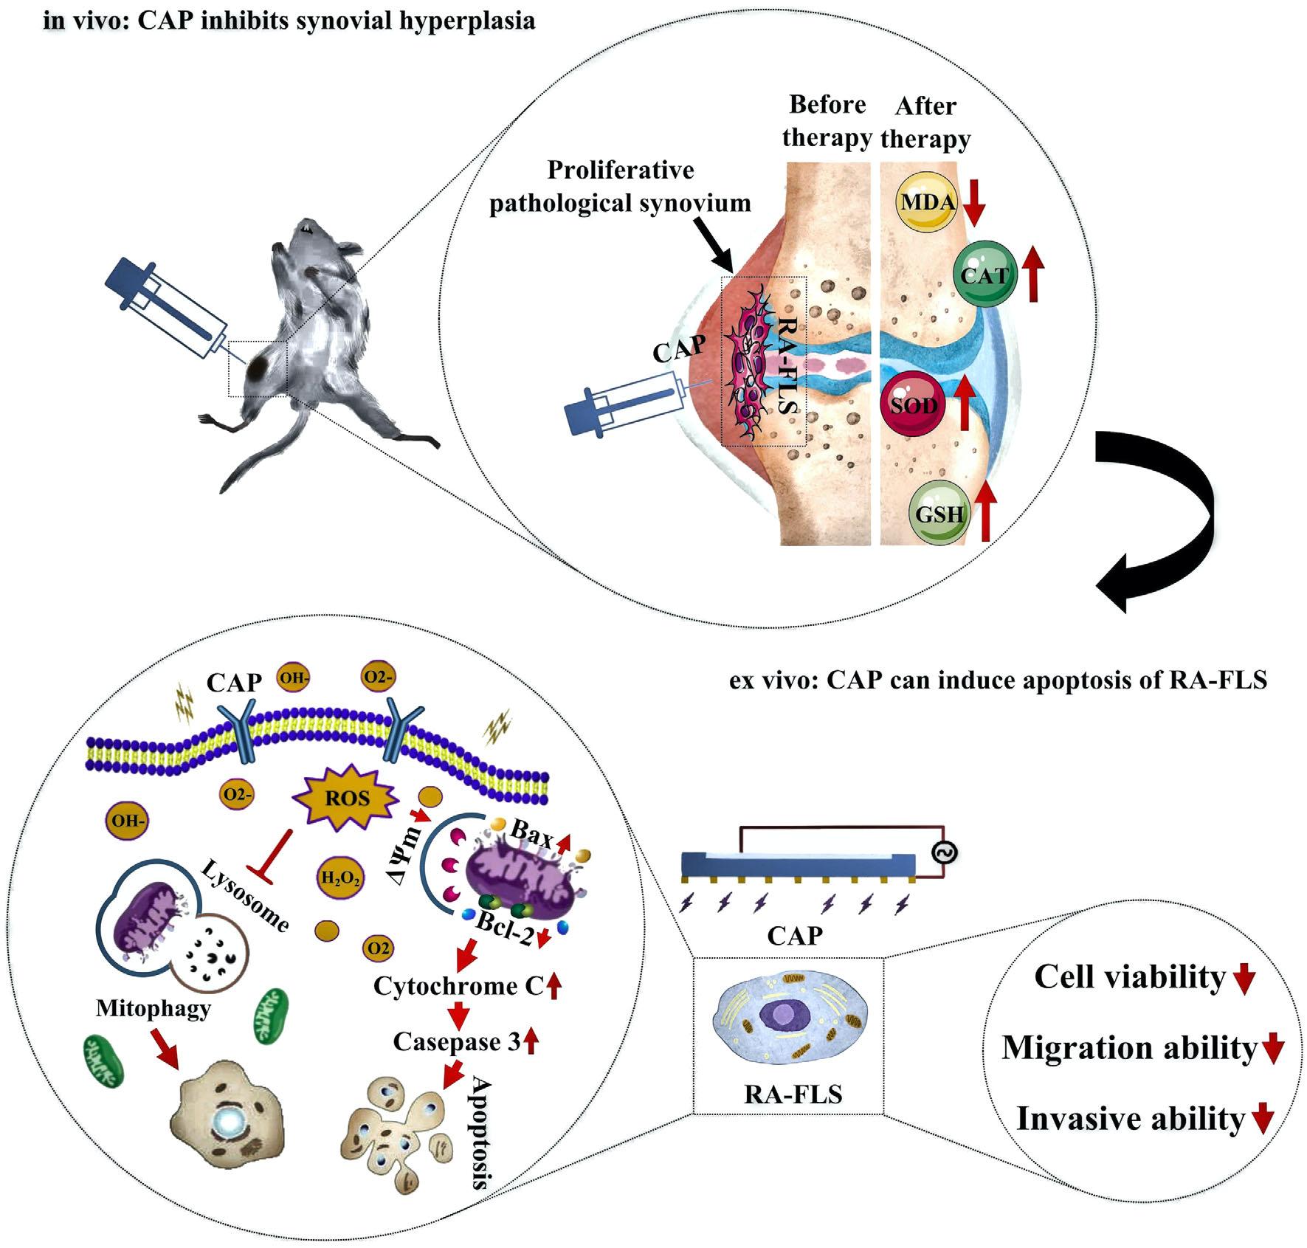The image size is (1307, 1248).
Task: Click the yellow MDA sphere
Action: tap(925, 201)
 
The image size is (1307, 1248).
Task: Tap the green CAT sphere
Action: tap(984, 275)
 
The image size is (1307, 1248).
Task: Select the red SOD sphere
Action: tap(912, 405)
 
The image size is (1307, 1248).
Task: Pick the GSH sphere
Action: tap(939, 513)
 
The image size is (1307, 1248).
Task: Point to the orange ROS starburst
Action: tap(347, 798)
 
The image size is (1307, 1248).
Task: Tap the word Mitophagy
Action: tap(153, 1008)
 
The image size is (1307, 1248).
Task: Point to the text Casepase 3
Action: tap(457, 1041)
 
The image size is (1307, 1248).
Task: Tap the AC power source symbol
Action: tap(945, 853)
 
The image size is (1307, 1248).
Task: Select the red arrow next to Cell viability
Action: tap(1244, 979)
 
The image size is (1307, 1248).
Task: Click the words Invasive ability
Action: tap(1130, 1119)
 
